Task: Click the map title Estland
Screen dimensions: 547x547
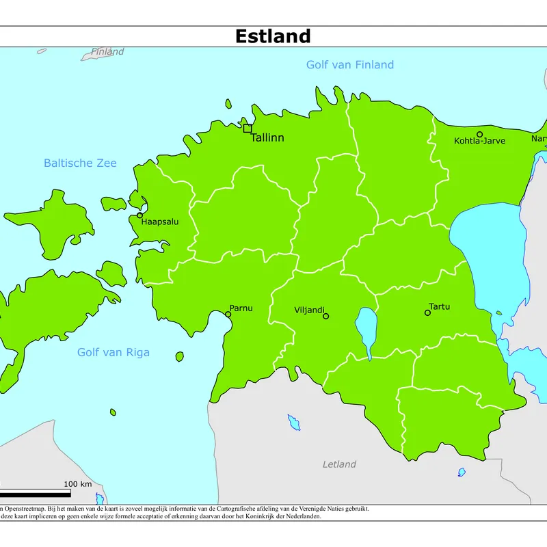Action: (273, 36)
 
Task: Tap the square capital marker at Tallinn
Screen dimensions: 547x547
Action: (248, 128)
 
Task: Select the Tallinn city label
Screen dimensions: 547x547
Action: (267, 138)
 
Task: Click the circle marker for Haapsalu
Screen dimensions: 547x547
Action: (140, 215)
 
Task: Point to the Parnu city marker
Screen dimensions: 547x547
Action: (228, 315)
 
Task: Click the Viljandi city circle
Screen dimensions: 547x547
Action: (325, 316)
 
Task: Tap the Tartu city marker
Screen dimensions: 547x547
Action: (427, 312)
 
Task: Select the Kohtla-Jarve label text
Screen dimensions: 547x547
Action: (479, 142)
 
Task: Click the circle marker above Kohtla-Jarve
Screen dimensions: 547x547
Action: (479, 135)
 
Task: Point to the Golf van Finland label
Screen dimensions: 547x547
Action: (349, 65)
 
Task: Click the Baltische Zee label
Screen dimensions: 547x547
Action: (80, 163)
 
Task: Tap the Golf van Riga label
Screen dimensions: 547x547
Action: (113, 353)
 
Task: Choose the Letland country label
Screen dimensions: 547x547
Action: (339, 464)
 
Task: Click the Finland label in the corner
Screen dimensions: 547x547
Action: (107, 52)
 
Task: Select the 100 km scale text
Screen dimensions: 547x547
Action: (77, 484)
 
